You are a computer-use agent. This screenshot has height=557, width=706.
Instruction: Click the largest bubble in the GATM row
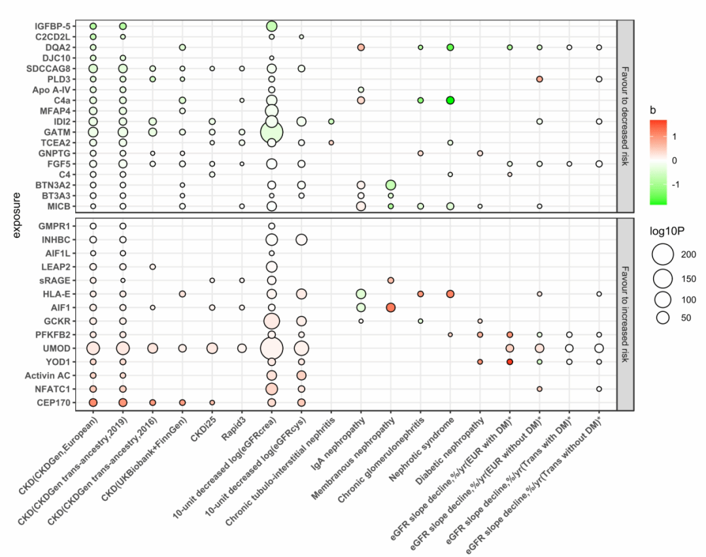271,132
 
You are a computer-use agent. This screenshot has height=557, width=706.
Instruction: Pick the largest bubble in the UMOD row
271,348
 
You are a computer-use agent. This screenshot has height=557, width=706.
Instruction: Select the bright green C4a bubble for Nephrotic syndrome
450,100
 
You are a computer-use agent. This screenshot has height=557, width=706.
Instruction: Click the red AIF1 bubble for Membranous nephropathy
390,307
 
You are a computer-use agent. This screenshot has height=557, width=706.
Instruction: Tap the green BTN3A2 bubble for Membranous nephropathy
390,185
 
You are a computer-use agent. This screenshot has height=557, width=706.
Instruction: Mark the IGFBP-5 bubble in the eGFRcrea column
271,26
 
